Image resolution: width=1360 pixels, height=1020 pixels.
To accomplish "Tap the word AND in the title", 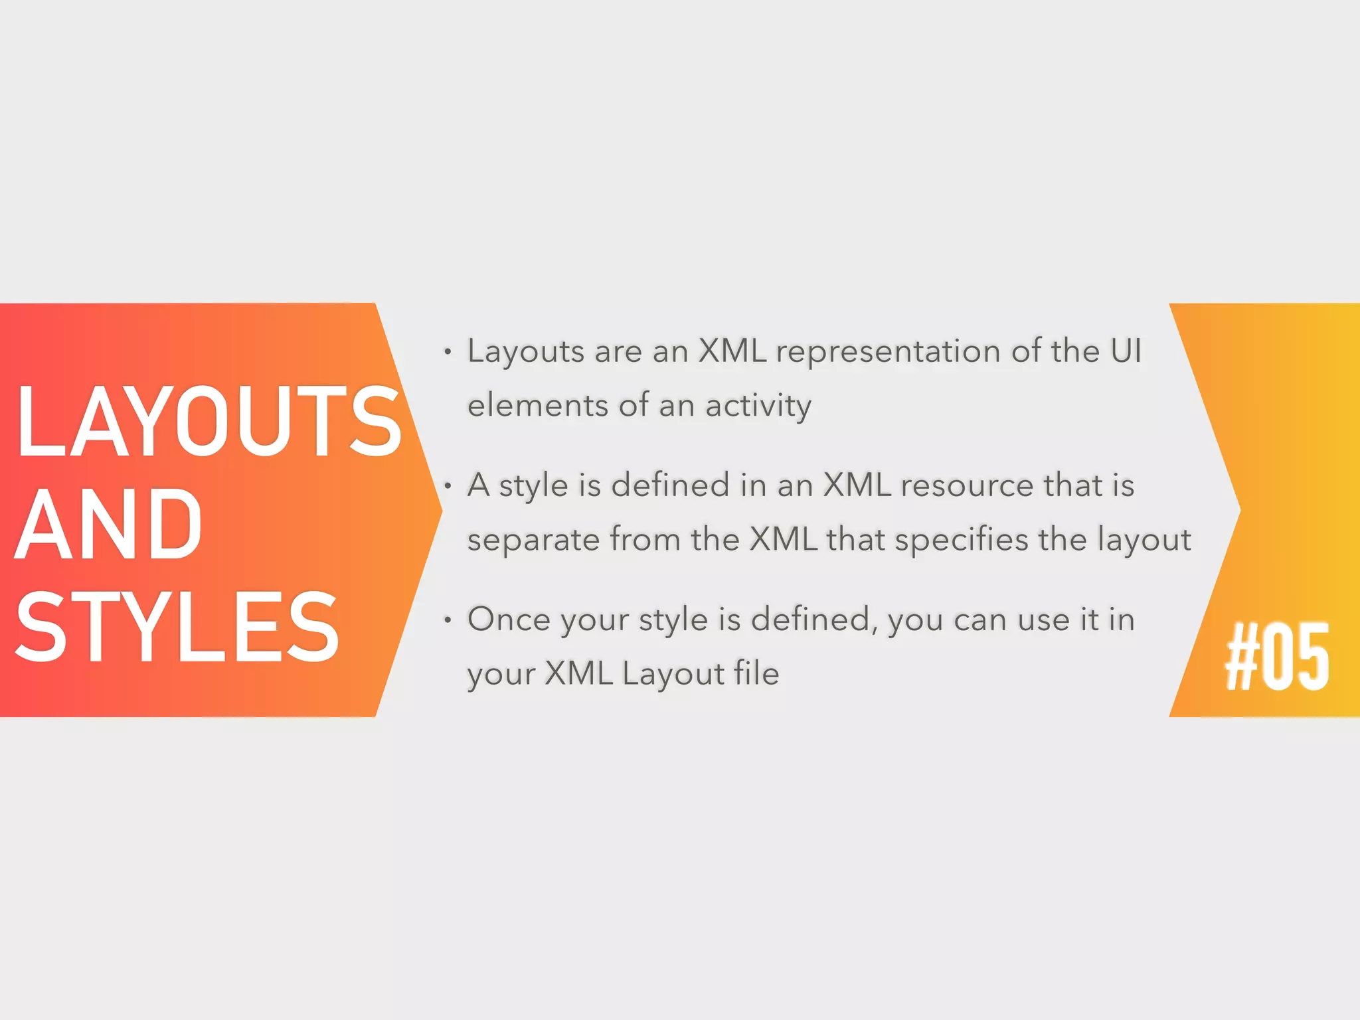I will coord(108,525).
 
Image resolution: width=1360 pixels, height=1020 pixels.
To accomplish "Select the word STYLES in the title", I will coord(177,627).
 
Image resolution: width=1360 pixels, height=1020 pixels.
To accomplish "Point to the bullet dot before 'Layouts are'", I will coord(448,352).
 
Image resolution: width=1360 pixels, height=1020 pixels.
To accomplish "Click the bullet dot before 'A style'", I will coord(448,487).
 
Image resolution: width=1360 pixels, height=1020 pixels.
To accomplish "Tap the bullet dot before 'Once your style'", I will coord(448,621).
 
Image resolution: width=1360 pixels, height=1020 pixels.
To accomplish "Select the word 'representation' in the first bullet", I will coord(888,352).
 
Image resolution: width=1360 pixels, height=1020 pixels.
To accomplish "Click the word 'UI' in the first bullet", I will coord(1126,351).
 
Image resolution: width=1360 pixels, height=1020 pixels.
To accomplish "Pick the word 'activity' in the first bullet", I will coord(758,406).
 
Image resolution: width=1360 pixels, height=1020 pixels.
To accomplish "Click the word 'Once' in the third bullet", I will coord(509,620).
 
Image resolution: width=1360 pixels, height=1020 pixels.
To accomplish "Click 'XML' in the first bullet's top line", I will coord(732,351).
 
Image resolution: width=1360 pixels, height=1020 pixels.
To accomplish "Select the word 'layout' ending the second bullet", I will coord(1144,540).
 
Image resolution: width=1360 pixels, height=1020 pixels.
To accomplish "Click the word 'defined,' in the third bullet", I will coord(813,620).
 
